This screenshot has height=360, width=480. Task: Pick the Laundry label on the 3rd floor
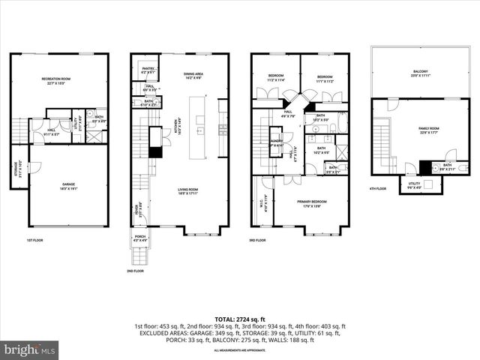coord(277,142)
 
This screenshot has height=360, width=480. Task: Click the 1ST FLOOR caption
coord(36,241)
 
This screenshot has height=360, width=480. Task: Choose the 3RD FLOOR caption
coord(259,241)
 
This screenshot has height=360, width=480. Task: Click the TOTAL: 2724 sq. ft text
coord(240,319)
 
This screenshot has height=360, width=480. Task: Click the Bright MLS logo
coord(30,349)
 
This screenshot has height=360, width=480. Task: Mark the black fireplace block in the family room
coord(425,167)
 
